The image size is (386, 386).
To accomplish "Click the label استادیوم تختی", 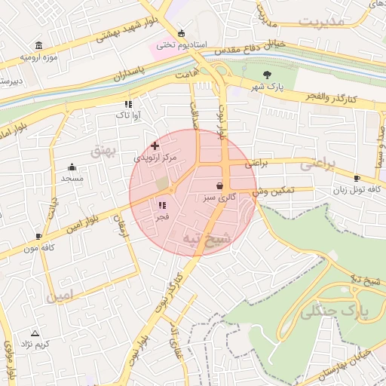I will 182,45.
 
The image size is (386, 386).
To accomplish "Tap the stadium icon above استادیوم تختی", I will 181,33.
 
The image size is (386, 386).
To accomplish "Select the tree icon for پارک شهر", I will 268,74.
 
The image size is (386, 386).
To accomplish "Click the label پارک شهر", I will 268,87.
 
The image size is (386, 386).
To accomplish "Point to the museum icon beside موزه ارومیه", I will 38,45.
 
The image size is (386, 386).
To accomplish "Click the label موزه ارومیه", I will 38,57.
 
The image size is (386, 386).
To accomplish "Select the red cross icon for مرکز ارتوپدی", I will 155,145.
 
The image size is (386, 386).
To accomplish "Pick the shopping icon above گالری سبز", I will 219,185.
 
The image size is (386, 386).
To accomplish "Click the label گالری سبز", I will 219,198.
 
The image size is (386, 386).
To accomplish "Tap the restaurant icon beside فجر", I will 161,205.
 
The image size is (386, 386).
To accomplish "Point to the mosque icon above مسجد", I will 72,167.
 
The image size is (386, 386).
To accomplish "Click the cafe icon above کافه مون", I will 38,236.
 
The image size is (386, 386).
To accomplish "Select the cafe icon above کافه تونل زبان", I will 356,178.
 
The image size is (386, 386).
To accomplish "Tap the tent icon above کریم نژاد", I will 34,332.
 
